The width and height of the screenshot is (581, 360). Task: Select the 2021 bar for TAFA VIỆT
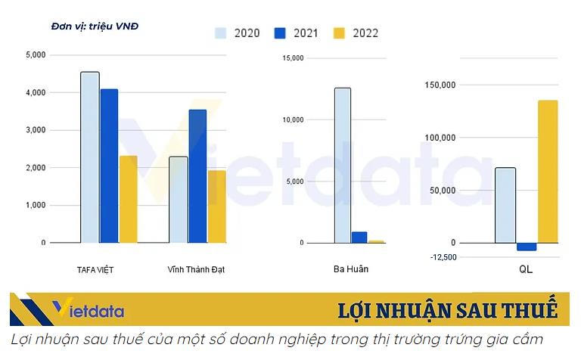point(109,166)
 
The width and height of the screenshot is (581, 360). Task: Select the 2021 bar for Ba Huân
point(359,237)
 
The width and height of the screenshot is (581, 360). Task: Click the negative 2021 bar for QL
point(527,247)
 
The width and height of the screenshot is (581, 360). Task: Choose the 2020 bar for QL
point(505,205)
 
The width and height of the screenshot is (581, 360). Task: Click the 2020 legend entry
point(238,33)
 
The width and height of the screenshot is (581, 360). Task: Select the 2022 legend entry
point(356,33)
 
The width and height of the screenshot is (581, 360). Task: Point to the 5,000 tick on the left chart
point(36,55)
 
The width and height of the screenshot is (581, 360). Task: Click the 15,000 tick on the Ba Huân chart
point(293,58)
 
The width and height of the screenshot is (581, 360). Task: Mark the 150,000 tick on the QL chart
point(440,85)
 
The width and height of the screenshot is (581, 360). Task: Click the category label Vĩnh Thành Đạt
point(196,269)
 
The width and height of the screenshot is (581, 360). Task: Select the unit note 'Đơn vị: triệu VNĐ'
point(95,26)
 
